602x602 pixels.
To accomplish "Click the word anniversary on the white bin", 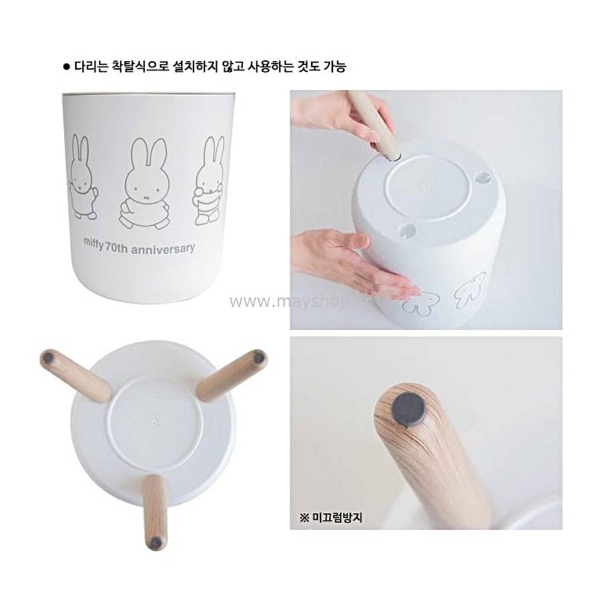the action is [x=163, y=249].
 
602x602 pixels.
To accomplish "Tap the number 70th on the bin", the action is [x=117, y=247].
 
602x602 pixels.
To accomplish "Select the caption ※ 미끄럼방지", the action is [x=330, y=518].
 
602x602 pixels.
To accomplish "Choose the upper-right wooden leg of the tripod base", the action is [x=232, y=374].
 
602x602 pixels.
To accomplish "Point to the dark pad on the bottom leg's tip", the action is [x=156, y=542].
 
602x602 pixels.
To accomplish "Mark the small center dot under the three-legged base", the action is [x=154, y=422].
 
